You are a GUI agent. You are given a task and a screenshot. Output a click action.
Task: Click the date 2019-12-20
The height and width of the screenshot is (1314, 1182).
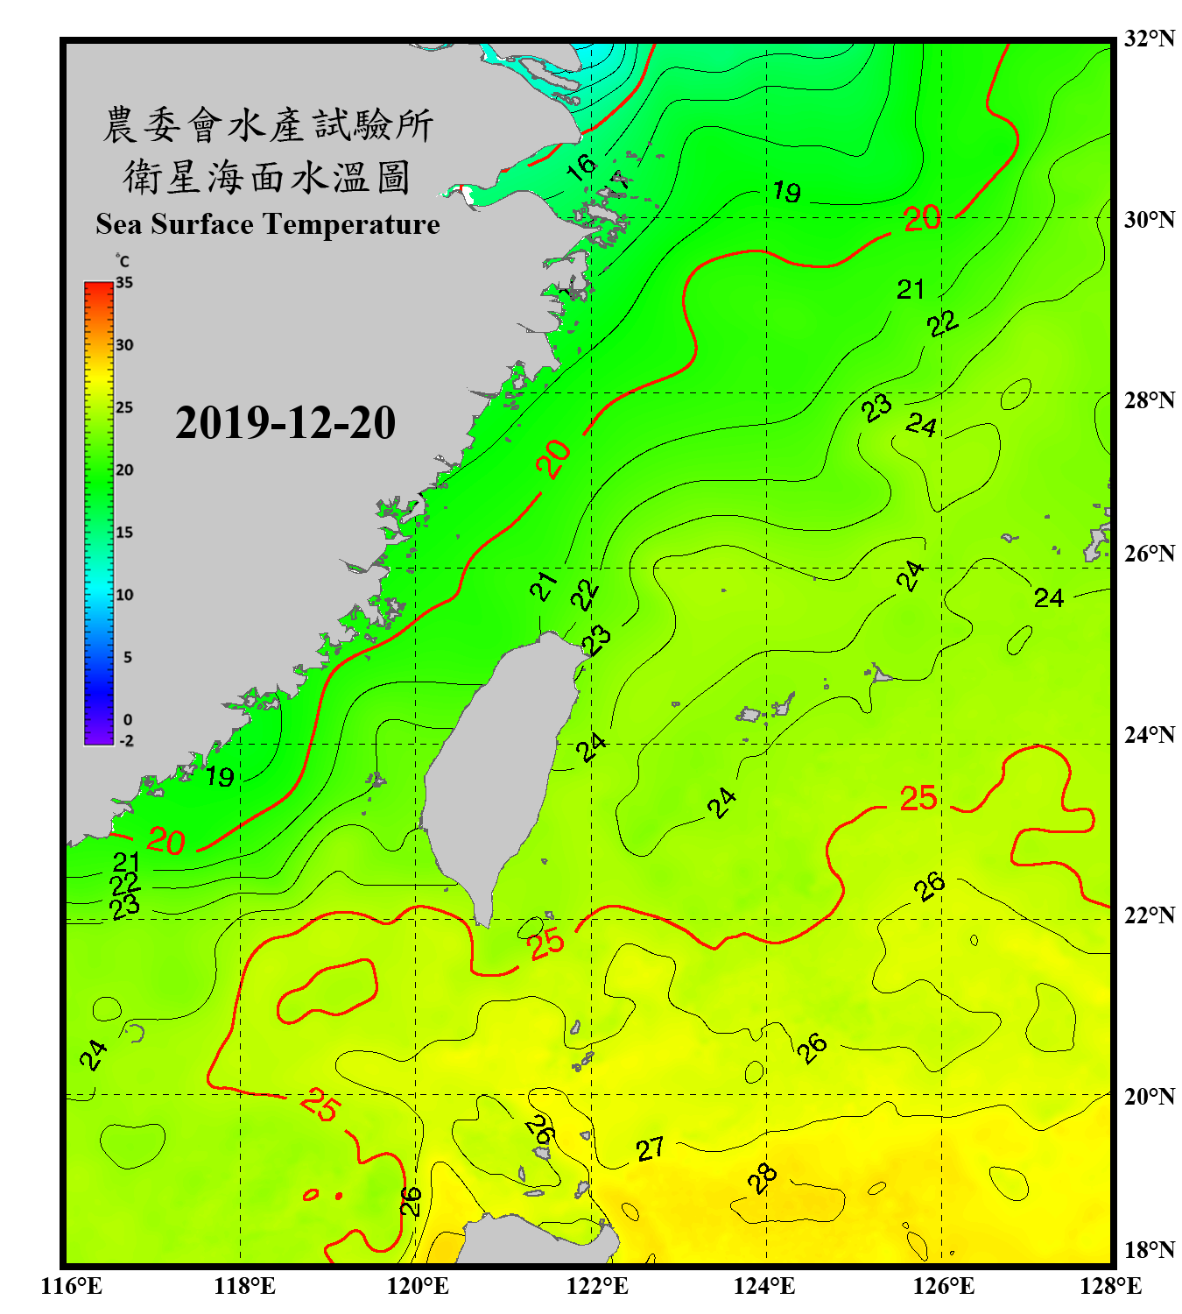285,423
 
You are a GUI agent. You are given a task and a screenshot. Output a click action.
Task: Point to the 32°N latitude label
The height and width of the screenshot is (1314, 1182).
1149,39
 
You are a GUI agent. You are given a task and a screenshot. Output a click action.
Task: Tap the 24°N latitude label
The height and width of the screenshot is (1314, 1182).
1149,735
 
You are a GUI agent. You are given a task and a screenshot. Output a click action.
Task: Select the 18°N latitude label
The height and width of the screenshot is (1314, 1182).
1149,1250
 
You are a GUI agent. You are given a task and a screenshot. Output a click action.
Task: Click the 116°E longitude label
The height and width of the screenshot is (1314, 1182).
72,1286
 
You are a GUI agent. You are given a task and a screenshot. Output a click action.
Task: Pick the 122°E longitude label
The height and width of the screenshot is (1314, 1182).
597,1286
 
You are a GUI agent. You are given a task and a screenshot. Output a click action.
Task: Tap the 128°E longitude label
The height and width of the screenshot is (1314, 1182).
1110,1286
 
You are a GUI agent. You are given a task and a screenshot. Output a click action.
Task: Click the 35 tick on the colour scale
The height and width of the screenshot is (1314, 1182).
124,283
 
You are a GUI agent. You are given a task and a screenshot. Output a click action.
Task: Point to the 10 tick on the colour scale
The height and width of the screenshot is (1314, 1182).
124,595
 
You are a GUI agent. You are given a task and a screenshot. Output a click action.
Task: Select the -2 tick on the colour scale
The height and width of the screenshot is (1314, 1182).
126,741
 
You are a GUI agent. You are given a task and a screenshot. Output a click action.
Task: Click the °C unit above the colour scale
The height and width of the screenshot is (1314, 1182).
123,261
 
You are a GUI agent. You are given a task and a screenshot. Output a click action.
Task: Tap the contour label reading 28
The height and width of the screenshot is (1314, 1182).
763,1178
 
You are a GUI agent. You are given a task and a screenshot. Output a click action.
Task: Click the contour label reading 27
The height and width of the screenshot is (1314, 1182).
650,1148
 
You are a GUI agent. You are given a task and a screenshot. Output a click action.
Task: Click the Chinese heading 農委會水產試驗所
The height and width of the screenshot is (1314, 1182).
267,125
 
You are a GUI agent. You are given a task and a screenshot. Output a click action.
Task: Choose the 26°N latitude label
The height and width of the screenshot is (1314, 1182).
1149,554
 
